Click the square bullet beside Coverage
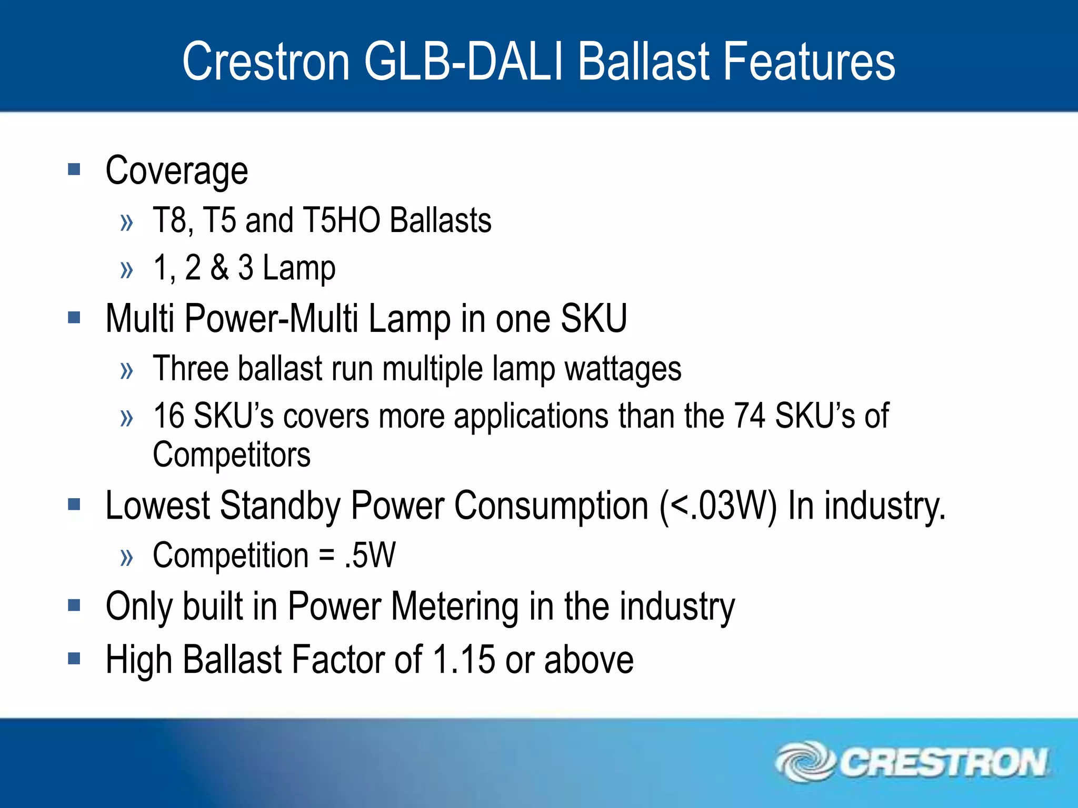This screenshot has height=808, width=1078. click(74, 169)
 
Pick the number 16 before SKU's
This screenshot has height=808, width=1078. click(168, 416)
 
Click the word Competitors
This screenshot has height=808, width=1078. click(232, 454)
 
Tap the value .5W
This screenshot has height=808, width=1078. click(370, 555)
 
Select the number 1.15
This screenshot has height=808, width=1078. click(464, 660)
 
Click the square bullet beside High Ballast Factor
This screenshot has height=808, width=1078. click(74, 658)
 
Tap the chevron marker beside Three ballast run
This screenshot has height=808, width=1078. click(127, 371)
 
